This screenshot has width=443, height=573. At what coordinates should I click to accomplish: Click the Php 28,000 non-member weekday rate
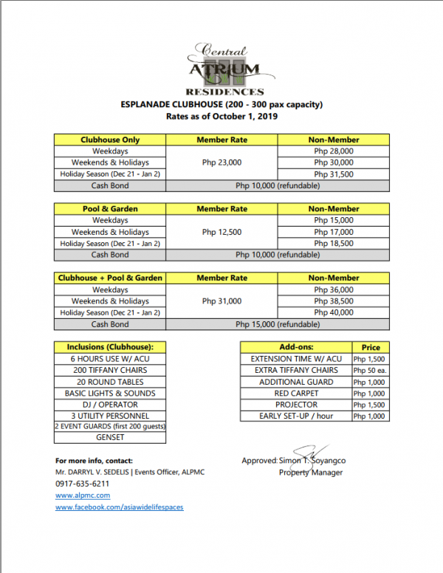[334, 151]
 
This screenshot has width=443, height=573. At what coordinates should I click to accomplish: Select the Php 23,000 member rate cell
[221, 162]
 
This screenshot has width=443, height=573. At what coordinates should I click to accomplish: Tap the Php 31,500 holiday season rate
[334, 174]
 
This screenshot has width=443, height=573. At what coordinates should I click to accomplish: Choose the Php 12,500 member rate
[221, 232]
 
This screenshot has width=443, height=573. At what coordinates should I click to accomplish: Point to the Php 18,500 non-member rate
[334, 244]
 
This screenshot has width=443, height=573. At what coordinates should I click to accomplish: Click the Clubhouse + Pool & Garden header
[110, 278]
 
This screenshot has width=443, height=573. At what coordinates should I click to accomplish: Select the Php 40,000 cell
[334, 313]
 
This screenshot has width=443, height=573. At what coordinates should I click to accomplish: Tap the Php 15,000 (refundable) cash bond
[278, 324]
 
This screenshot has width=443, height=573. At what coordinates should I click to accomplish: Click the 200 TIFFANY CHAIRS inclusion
[110, 370]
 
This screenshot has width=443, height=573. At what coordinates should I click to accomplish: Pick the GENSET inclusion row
[110, 437]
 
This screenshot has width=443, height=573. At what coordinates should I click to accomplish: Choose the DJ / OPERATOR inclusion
[110, 405]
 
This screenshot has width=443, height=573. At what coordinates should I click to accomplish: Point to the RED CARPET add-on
[296, 394]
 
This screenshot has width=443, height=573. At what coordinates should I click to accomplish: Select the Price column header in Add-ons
[371, 347]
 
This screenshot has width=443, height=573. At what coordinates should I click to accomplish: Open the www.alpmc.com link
[83, 495]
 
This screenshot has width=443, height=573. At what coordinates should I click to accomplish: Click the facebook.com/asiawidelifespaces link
[119, 507]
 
